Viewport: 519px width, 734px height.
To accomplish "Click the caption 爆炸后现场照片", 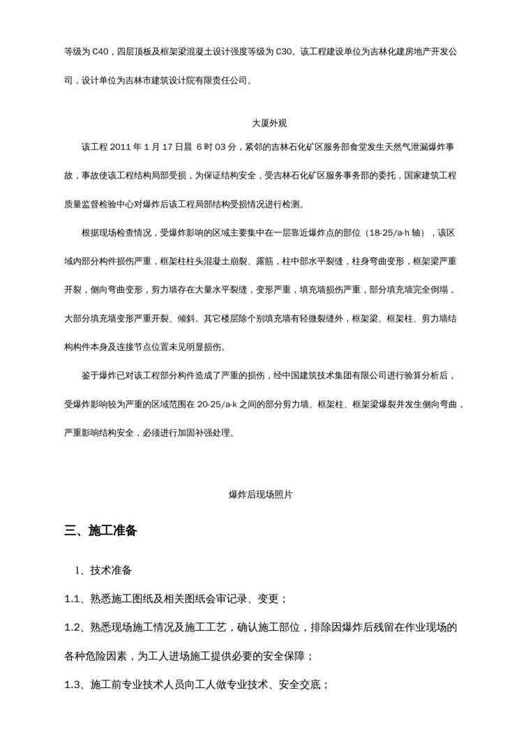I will [260, 494].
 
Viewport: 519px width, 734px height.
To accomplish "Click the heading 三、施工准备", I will [100, 531].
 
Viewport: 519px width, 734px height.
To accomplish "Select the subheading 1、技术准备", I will [103, 571].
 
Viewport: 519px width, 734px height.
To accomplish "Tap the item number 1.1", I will [73, 599].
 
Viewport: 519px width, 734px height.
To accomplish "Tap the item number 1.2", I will [73, 627].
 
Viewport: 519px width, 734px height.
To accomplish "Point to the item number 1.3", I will [73, 684].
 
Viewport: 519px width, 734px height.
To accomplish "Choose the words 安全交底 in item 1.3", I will [299, 684].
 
